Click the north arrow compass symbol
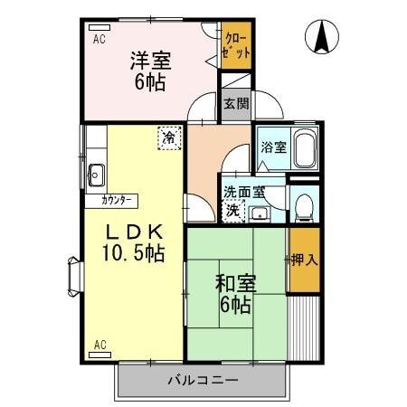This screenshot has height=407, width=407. point(322,37)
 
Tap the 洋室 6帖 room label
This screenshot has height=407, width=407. point(150,71)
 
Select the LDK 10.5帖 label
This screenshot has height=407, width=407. point(134,242)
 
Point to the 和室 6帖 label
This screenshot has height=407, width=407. point(235,293)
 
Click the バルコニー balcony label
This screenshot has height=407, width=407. point(203,380)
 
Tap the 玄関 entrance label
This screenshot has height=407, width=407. point(236,104)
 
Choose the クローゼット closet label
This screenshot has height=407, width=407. point(236,45)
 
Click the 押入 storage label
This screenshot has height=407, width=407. point(305,260)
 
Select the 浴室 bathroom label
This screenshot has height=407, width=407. point(274,147)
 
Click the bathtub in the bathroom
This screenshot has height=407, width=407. point(305,148)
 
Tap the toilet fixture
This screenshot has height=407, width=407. point(304,207)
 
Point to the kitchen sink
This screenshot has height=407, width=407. point(96,175)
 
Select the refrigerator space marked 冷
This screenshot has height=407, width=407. point(169,137)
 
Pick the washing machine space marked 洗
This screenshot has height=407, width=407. point(233,211)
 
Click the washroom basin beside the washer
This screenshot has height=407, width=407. point(260,214)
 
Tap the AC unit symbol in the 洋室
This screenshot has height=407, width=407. point(99,27)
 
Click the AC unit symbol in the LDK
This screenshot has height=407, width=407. point(100,355)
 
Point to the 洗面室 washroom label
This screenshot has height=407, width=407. point(244,192)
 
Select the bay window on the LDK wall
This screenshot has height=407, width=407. point(75,277)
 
